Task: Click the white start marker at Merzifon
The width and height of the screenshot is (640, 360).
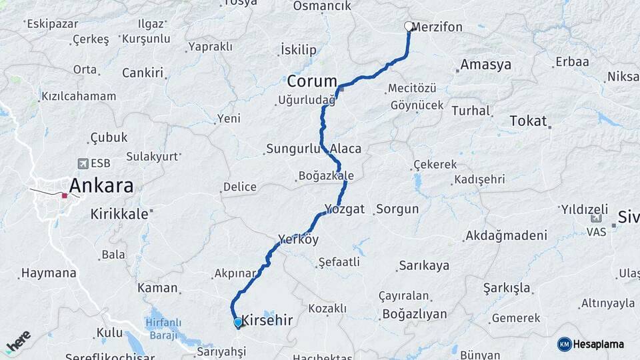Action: pos(409,27)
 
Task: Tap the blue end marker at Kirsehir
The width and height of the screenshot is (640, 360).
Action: pos(238,323)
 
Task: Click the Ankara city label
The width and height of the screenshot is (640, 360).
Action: pos(101,185)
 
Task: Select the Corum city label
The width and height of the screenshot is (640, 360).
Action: pos(312,81)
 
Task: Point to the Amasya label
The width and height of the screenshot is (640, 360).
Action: pos(485,65)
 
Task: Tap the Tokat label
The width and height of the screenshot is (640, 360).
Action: pos(528,121)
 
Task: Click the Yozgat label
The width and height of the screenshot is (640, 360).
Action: pos(345,209)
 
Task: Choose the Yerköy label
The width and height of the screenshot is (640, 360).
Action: pos(299,239)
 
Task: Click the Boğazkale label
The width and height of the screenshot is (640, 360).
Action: pos(326,176)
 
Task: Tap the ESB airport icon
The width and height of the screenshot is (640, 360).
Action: pos(83,163)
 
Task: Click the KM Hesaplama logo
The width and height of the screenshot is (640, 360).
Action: pos(591,344)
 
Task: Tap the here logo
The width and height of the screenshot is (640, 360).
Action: pos(18,341)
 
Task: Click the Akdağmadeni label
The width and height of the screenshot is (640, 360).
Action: pos(507,235)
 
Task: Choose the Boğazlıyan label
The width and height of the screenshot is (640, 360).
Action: pos(414,313)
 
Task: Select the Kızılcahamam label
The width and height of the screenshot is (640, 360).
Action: pos(79,96)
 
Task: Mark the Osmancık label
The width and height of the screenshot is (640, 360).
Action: pos(322,6)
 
